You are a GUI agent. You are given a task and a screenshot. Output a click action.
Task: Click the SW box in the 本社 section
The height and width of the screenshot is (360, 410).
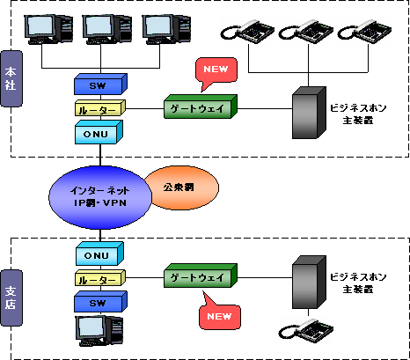click(x=100, y=84)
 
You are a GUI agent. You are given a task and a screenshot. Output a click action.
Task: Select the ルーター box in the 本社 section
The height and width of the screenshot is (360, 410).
click(x=100, y=108)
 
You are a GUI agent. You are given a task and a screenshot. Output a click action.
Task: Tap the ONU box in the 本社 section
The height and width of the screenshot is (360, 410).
click(x=99, y=132)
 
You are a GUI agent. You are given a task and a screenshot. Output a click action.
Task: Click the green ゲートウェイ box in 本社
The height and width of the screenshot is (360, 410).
click(x=201, y=107)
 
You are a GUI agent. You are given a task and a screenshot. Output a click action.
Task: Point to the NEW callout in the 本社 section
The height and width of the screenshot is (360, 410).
click(x=216, y=73)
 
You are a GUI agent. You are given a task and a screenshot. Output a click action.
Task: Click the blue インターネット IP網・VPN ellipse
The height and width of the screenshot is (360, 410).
click(x=100, y=197)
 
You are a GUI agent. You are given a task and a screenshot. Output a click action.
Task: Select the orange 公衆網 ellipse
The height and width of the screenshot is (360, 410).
click(x=181, y=187)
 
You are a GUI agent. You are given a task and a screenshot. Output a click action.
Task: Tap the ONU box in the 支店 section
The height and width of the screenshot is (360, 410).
click(x=99, y=253)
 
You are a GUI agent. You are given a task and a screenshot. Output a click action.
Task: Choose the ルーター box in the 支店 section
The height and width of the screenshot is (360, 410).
click(x=100, y=278)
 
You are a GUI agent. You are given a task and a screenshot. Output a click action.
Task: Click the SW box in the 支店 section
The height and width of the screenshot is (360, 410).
click(x=100, y=301)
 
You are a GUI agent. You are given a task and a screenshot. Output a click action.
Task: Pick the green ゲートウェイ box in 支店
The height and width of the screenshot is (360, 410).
click(x=201, y=276)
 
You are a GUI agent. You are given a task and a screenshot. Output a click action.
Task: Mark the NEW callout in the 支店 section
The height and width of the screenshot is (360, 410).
click(x=220, y=312)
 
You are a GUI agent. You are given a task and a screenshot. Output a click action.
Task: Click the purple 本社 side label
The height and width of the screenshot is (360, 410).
click(x=11, y=78)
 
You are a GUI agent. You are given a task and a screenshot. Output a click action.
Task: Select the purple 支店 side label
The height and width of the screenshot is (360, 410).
click(x=11, y=298)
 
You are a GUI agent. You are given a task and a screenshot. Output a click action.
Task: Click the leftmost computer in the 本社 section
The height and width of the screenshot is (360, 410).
click(x=48, y=29)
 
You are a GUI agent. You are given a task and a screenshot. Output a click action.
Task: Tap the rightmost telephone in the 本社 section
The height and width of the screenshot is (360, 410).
click(x=364, y=32)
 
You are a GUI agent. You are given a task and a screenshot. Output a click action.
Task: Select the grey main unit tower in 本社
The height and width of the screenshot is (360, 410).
click(x=309, y=113)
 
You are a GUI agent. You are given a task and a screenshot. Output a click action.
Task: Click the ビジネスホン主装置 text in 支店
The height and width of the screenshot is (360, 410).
click(x=358, y=283)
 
